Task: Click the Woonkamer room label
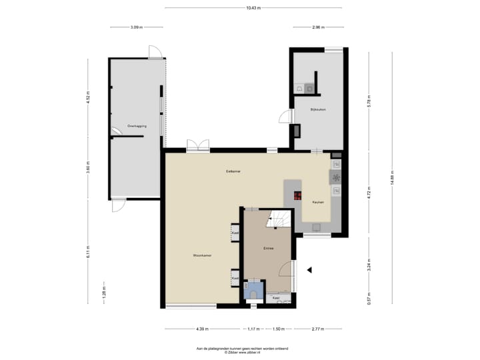[202, 255]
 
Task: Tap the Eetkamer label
[233, 171]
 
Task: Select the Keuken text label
[318, 201]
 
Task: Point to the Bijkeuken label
[318, 109]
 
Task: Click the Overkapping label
[137, 125]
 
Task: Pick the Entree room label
[268, 248]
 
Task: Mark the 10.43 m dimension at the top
[253, 8]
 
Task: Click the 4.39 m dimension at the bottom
[202, 329]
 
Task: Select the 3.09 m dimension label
[136, 27]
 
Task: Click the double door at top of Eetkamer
[197, 145]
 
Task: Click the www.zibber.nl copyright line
[240, 352]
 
